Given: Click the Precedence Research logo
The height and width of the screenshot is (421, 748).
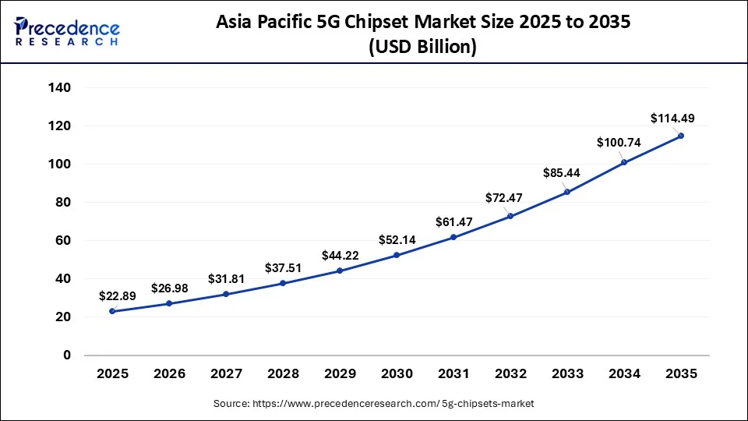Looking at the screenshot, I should click(67, 32).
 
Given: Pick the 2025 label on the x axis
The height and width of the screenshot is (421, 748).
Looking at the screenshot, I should click(113, 374).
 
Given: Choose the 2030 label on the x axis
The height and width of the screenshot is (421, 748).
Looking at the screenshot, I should click(397, 374).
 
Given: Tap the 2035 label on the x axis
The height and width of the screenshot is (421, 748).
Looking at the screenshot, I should click(681, 374).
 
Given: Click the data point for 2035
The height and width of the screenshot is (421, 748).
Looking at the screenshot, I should click(681, 136).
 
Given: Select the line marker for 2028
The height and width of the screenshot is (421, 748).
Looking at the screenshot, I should click(283, 283).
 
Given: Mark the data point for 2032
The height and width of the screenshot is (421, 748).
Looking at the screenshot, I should click(510, 216).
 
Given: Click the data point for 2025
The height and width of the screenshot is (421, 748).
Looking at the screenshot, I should click(113, 311).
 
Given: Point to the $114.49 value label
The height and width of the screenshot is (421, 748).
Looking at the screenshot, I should click(672, 119).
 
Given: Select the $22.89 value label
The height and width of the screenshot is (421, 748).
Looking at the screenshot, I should click(118, 296).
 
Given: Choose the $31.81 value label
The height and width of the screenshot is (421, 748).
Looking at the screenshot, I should click(227, 278).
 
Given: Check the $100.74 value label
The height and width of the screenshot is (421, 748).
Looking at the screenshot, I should click(619, 142).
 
